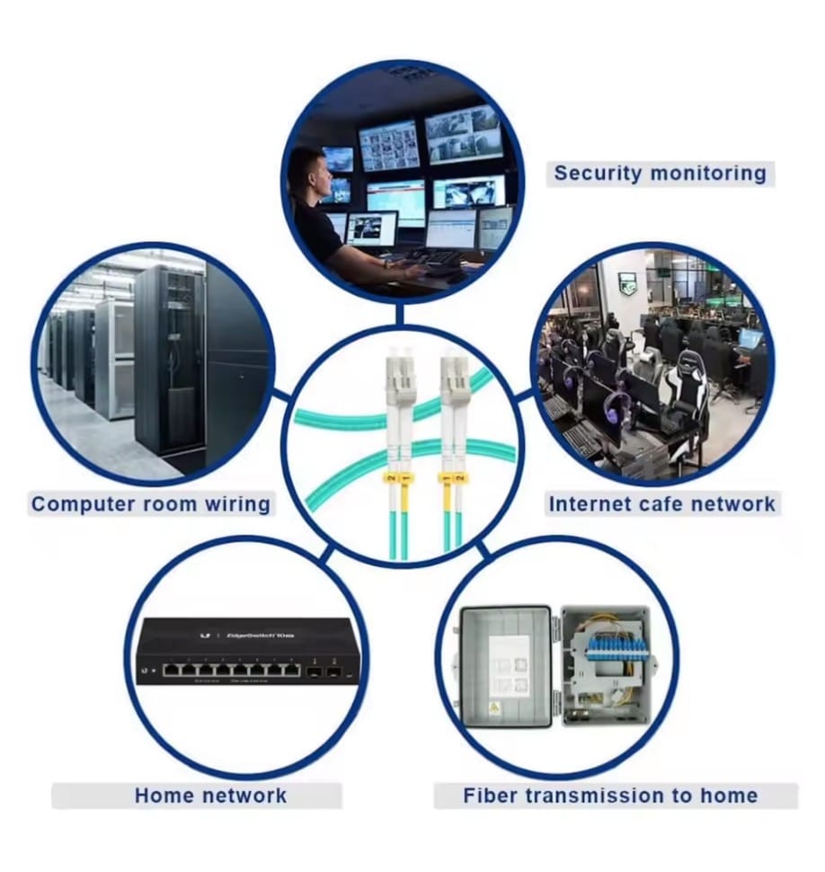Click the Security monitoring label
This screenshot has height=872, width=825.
click(x=659, y=173)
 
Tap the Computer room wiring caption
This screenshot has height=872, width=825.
click(x=150, y=503)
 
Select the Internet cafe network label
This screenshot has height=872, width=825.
click(x=661, y=503)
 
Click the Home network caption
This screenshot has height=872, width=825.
click(x=210, y=795)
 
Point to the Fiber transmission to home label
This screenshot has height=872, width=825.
click(x=610, y=795)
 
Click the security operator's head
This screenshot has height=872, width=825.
click(x=309, y=170)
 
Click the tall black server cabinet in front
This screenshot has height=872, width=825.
click(x=173, y=360)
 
